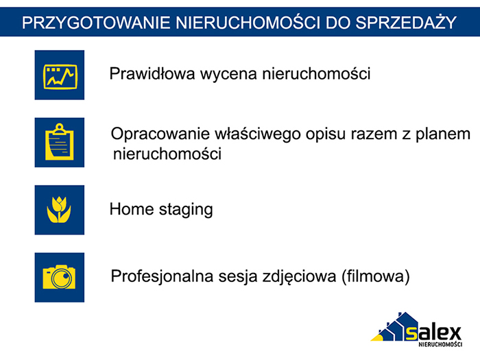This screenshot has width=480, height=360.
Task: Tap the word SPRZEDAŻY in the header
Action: [406, 22]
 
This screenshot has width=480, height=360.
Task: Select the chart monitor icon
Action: [60, 77]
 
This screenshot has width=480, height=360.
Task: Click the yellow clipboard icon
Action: [60, 142]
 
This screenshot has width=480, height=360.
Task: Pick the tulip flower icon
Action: [59, 210]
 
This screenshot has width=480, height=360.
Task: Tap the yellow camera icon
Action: [59, 277]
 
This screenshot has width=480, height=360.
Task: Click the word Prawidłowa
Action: [152, 73]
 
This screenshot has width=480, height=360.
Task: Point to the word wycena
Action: [228, 74]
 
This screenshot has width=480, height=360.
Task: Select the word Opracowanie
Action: [160, 134]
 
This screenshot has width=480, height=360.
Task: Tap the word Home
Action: [132, 209]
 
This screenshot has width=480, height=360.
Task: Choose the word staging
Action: [186, 210]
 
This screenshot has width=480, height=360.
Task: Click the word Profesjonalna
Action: [162, 276]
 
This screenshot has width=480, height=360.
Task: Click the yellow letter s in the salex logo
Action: [411, 333]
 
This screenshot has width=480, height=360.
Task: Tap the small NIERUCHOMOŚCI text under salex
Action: [440, 344]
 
